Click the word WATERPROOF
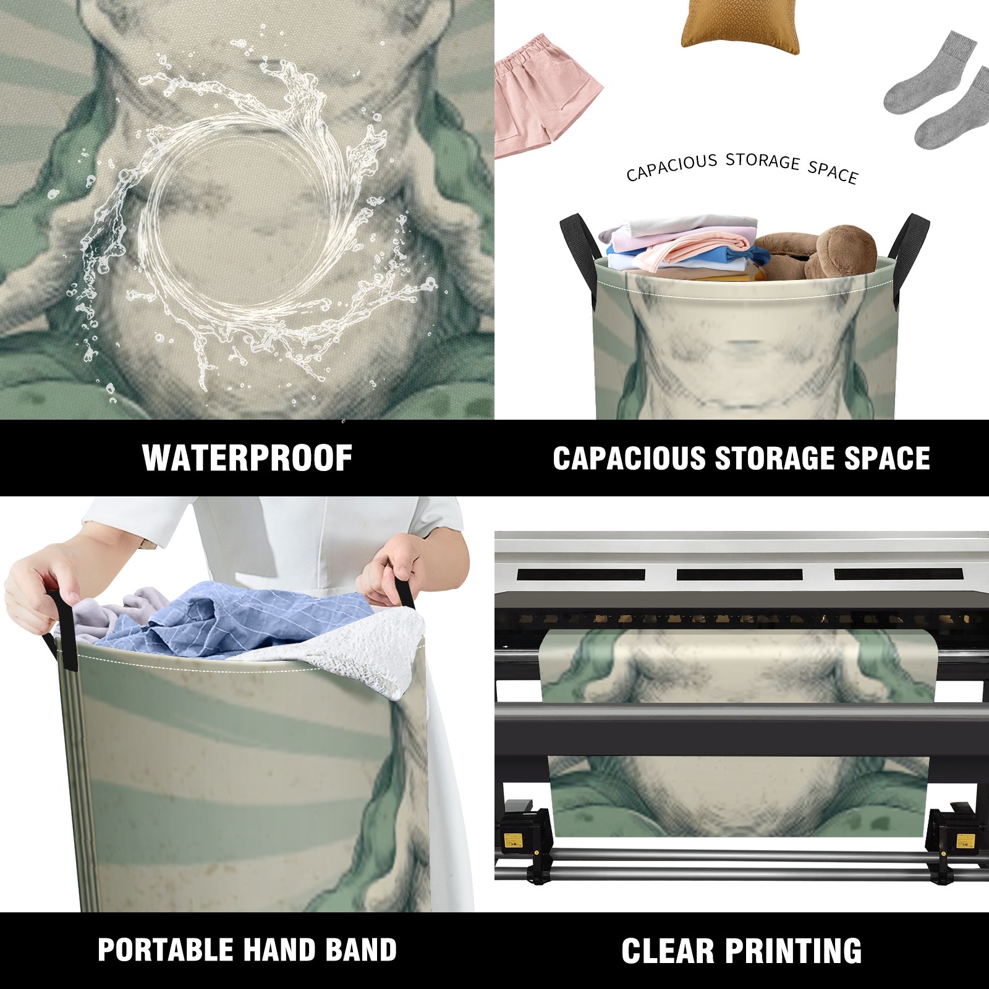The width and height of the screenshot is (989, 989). pos(247,458)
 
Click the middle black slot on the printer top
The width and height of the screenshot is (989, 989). pos(740,575)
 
